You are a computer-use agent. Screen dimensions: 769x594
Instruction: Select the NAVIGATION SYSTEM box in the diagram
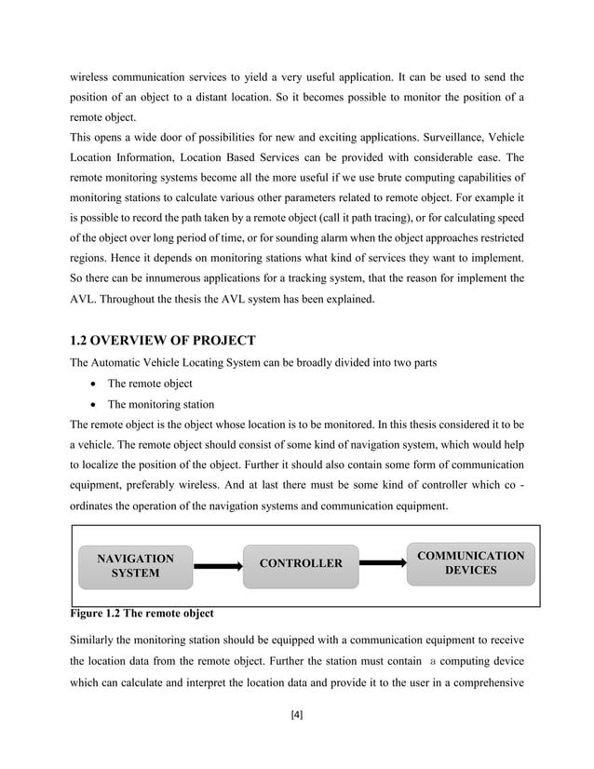pos(136,566)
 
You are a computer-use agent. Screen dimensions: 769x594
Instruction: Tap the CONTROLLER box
pos(300,564)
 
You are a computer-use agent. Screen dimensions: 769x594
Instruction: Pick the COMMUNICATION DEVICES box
pos(470,562)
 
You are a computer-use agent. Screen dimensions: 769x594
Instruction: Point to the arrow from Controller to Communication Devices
pos(382,562)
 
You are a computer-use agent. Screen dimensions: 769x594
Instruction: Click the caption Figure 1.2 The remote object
pos(142,614)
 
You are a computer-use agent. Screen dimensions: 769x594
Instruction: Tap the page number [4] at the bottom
pos(297,715)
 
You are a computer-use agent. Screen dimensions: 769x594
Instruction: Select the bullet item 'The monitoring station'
pos(161,404)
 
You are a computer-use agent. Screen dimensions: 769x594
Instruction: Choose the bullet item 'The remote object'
pos(150,383)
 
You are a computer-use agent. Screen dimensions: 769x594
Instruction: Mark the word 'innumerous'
pos(162,277)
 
